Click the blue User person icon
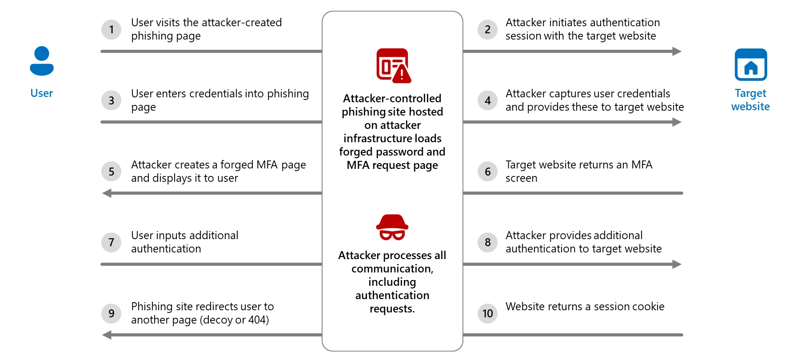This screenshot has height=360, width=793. pos(42,61)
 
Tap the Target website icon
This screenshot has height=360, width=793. pos(751,64)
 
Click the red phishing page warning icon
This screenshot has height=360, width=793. pos(393,66)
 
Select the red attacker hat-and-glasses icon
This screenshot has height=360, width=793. pos(392,227)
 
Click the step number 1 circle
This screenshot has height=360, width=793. pos(112,30)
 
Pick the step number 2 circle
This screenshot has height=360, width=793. pos(487,30)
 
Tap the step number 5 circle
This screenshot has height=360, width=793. pos(112,172)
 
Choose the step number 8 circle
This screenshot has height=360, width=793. pos(487,243)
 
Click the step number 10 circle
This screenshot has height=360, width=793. pos(487,313)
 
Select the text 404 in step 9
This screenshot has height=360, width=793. pos(257,320)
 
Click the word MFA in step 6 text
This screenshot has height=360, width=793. pos(642,165)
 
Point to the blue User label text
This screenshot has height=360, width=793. pos(42,93)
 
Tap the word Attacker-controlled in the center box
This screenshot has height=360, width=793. pos(392,98)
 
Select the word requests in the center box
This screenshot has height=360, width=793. pos(392,309)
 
